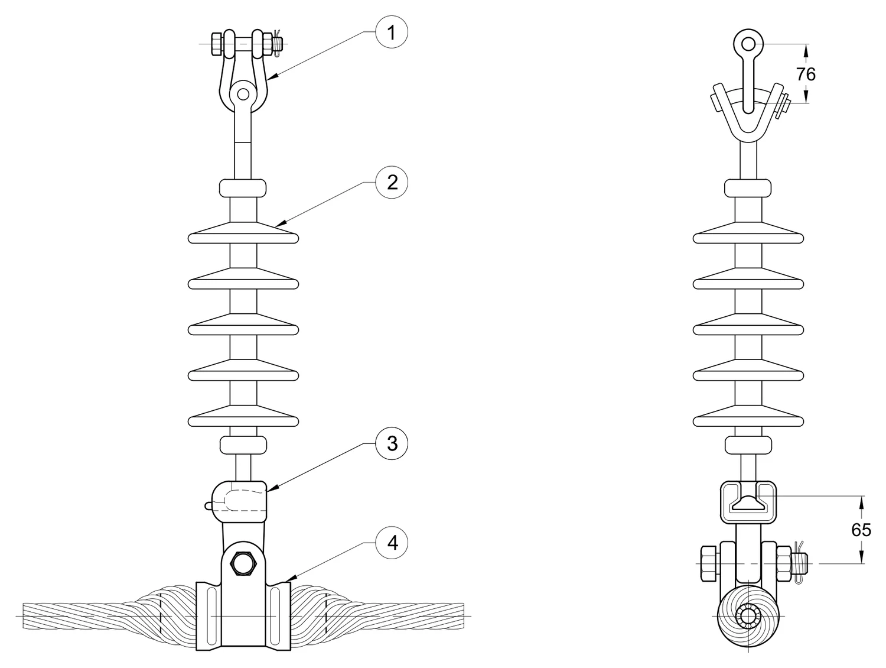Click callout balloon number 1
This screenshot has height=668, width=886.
pos(391,32)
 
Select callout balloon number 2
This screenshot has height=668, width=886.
pos(391,182)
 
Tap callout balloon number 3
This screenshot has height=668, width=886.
pos(391,443)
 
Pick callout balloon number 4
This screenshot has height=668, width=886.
pos(391,543)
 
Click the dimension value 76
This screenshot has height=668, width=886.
pos(806,74)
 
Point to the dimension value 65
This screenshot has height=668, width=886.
pos(861,530)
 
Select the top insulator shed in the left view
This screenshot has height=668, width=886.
pos(243,233)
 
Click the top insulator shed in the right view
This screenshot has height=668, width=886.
pos(748,233)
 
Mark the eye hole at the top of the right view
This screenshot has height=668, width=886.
pos(748,44)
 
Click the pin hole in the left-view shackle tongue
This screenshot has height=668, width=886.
pos(243,94)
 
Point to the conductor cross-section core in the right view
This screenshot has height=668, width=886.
pos(748,616)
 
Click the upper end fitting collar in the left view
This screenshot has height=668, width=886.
pos(243,188)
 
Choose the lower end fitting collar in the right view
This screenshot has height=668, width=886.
pos(748,445)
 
